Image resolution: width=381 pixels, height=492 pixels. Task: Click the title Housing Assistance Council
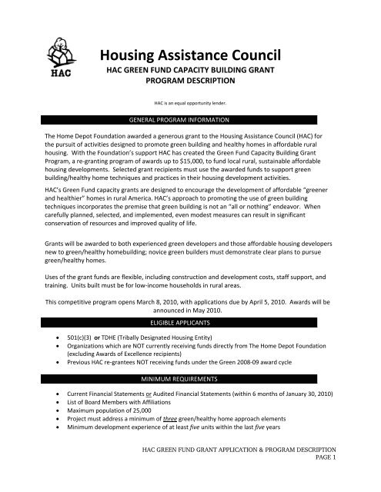coord(202,54)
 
